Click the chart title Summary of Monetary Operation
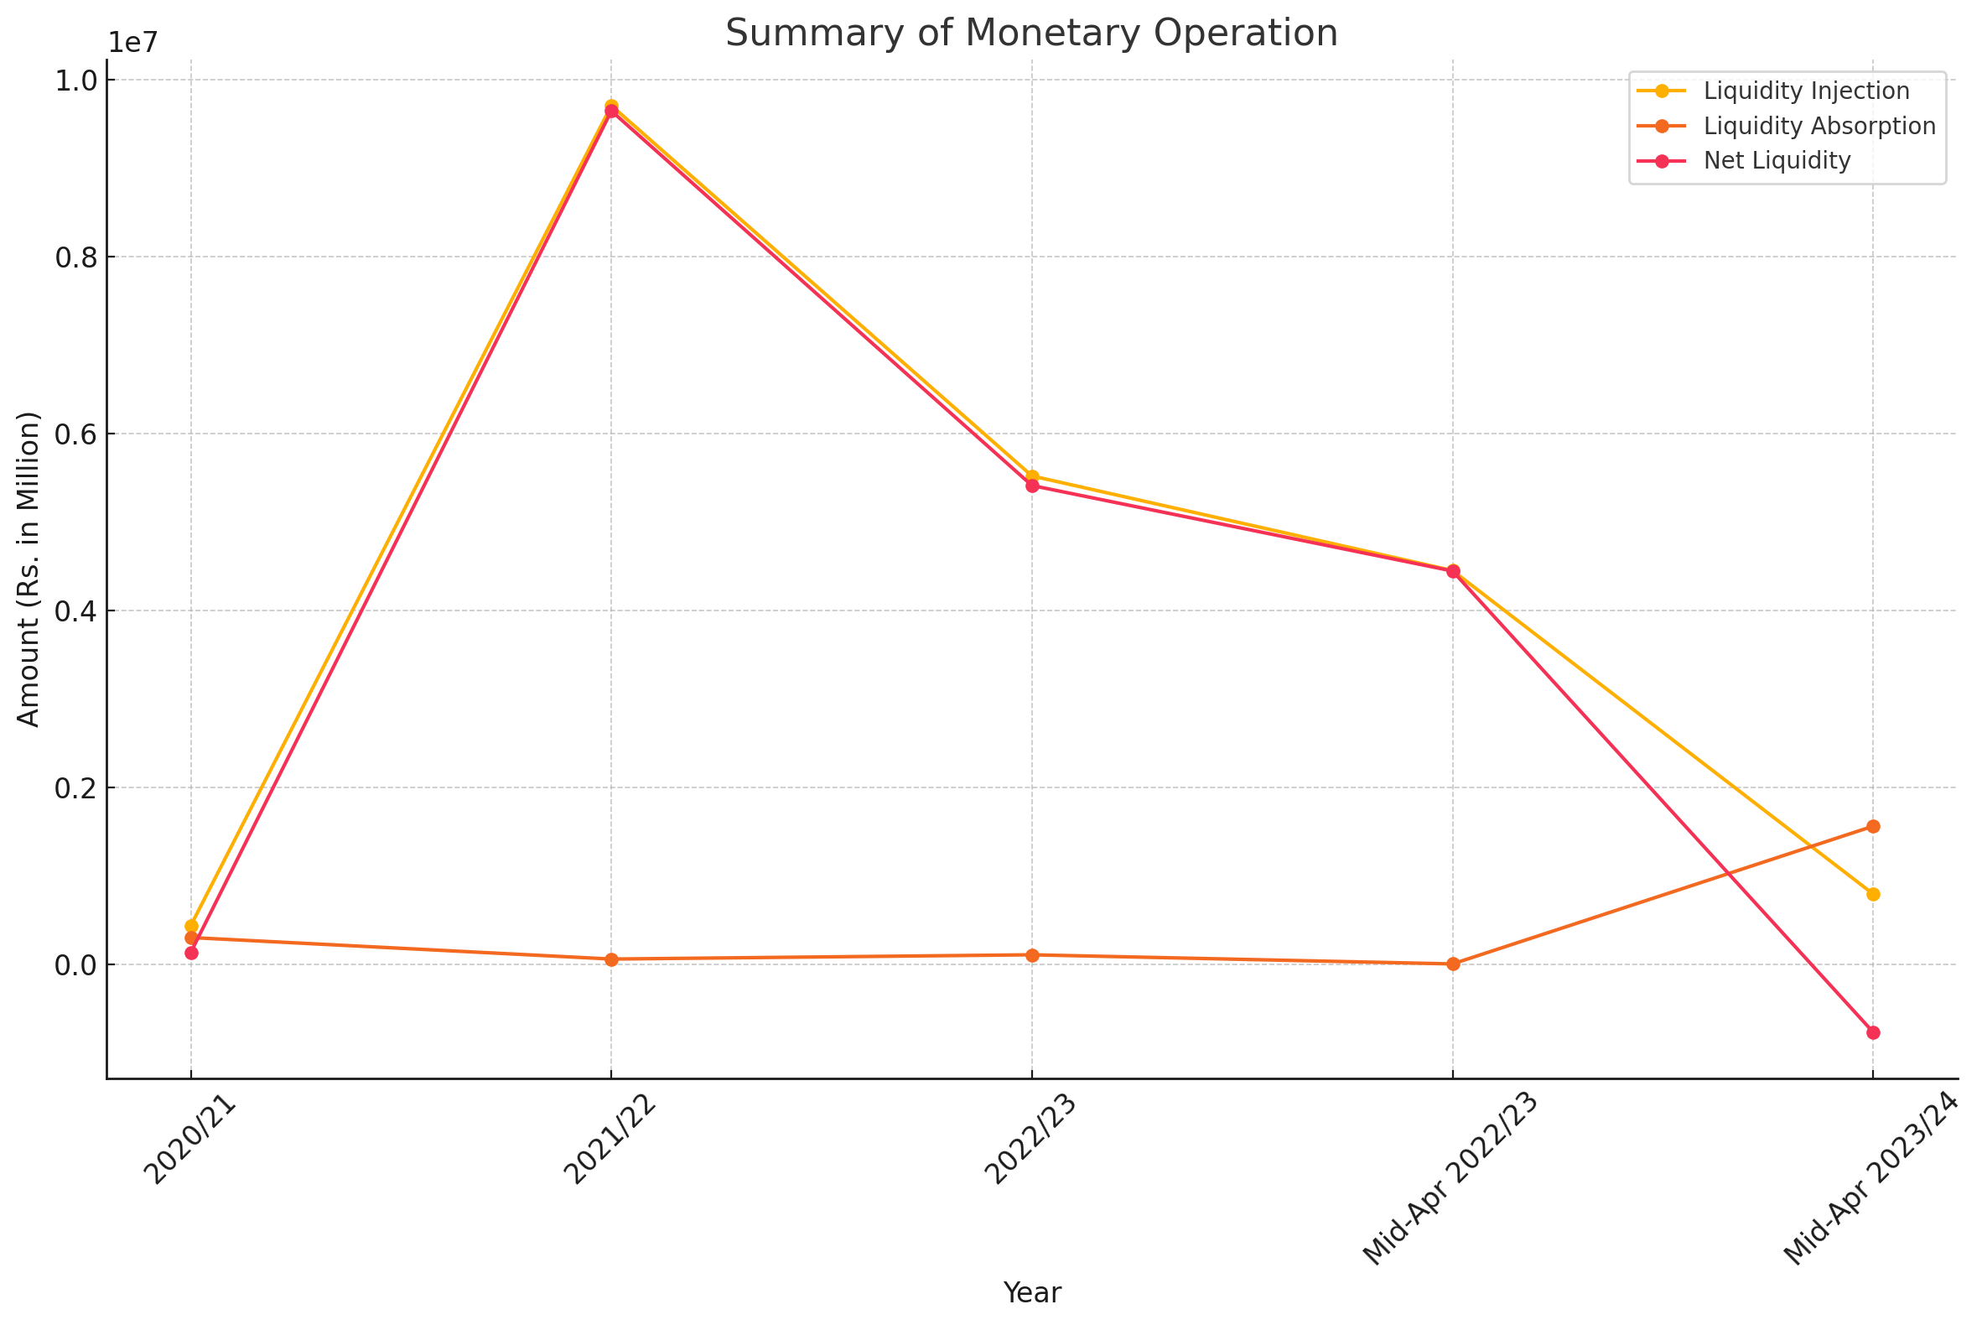[x=1030, y=34]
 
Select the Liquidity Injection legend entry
[x=1806, y=91]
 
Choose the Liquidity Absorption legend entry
[x=1819, y=126]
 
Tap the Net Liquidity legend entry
[x=1777, y=160]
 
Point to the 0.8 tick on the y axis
[x=75, y=257]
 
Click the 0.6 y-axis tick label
[x=75, y=434]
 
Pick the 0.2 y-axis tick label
[x=75, y=788]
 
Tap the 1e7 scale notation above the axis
[x=133, y=44]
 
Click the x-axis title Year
[x=1031, y=1293]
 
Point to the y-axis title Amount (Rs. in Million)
[x=29, y=569]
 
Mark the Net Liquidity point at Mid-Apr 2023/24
[x=1873, y=1032]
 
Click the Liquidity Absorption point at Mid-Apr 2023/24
[x=1873, y=826]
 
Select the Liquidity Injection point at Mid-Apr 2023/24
[x=1873, y=895]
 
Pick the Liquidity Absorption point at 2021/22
[x=612, y=960]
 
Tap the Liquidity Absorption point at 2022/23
[x=1031, y=956]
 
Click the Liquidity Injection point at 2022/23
[x=1031, y=476]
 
